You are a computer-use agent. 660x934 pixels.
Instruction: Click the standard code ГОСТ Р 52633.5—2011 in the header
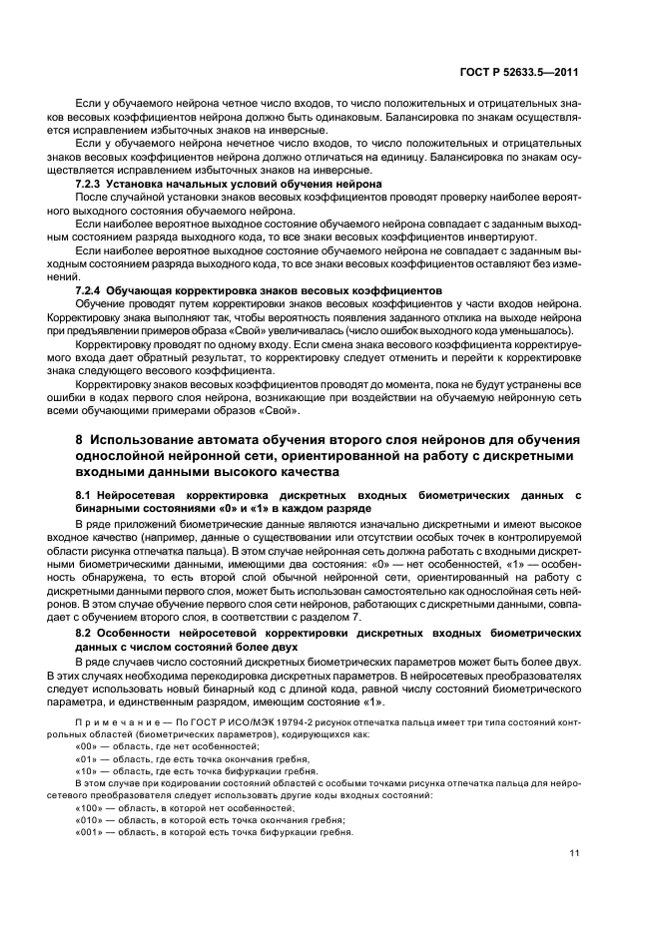[529, 73]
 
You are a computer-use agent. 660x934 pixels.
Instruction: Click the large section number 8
[80, 440]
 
